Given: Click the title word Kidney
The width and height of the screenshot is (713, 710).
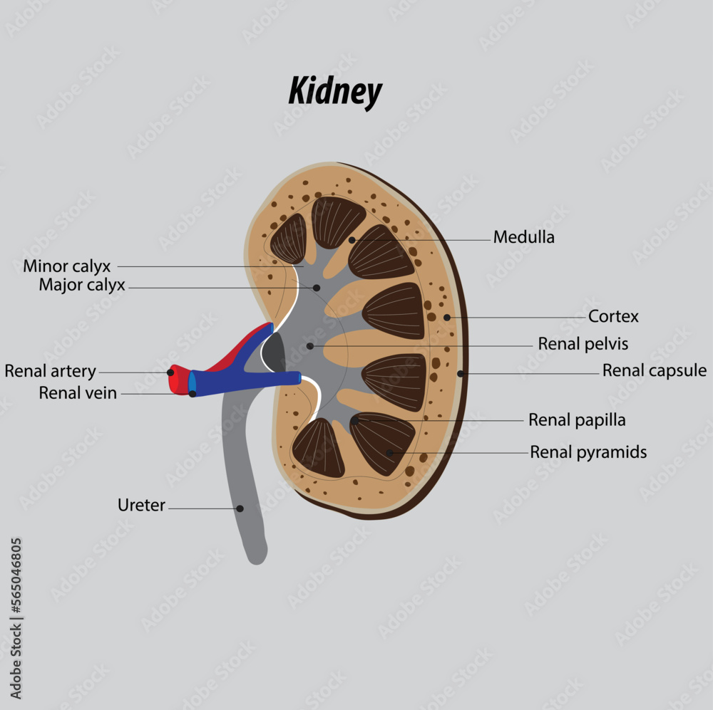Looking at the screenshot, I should [x=335, y=93].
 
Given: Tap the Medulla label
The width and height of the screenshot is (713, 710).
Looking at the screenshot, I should [x=523, y=237].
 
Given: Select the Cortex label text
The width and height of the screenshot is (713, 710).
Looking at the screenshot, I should [x=613, y=316].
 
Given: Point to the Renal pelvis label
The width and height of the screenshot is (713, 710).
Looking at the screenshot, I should [x=583, y=344].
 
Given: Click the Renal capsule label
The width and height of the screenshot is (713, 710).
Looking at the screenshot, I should [x=654, y=370].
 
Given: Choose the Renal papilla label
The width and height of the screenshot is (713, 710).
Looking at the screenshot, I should [x=576, y=420].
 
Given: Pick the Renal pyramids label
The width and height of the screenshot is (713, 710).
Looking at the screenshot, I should [x=588, y=452].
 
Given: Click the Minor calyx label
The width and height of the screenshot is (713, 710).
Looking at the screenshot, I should [x=67, y=266].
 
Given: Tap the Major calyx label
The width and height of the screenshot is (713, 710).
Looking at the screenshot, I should [x=82, y=286].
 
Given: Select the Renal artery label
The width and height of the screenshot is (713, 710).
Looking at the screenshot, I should [x=50, y=371].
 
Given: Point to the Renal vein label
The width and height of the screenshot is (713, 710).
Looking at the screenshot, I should [x=78, y=392].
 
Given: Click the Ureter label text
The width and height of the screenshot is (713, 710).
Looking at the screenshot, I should [x=141, y=506].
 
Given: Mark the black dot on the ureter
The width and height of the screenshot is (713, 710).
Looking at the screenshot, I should [x=240, y=508].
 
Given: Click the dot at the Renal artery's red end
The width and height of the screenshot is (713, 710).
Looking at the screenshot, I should [x=170, y=372].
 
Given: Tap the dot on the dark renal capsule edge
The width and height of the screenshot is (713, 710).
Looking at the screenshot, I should [x=461, y=373].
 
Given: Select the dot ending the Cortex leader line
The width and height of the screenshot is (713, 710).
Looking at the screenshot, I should [x=446, y=317].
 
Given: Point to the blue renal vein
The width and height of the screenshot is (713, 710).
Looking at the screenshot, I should [x=242, y=381].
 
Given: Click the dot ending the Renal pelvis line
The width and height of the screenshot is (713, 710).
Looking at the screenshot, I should [x=310, y=346].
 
